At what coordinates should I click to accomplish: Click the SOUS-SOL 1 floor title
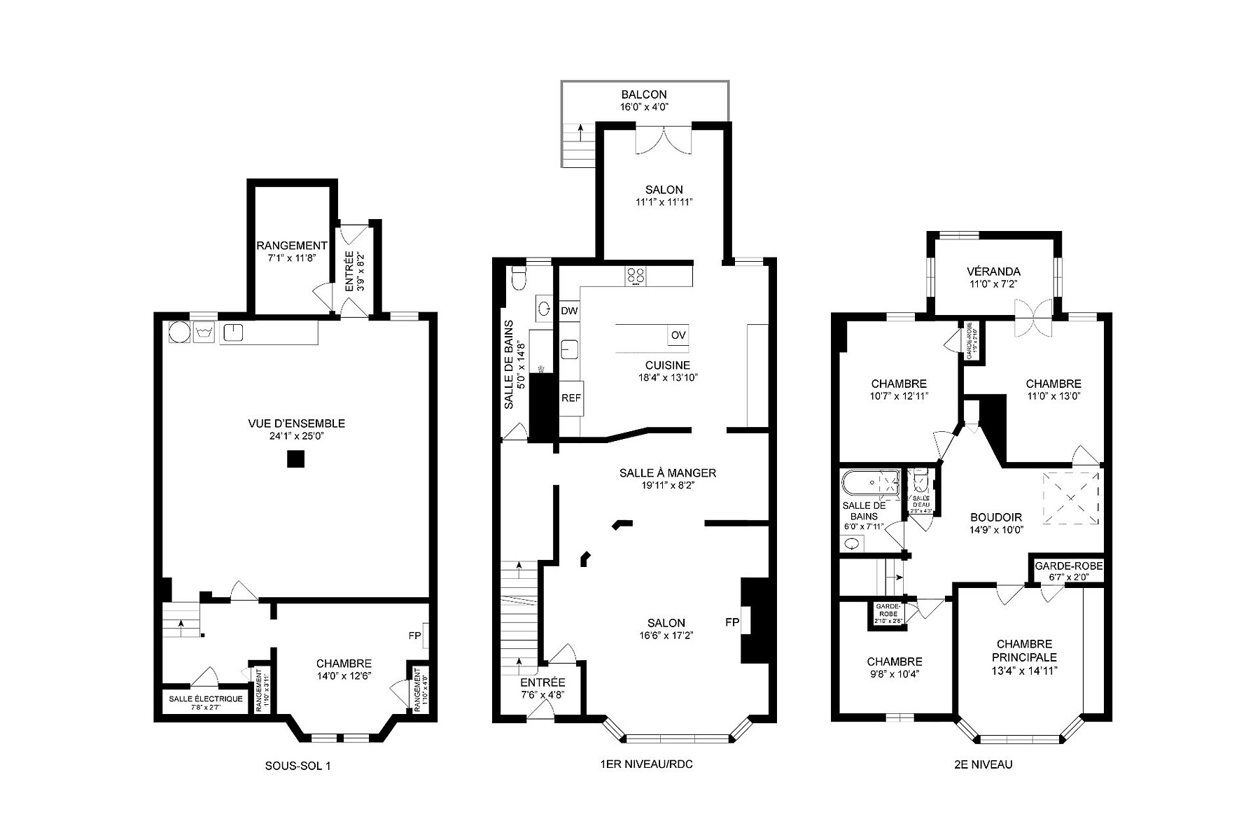(x=297, y=766)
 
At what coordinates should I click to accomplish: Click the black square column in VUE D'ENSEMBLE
(x=296, y=459)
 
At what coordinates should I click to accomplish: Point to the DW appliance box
(x=569, y=311)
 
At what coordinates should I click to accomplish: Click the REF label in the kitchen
(x=570, y=398)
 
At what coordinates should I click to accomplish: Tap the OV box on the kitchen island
(x=678, y=335)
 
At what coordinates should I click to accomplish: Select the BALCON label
(x=644, y=94)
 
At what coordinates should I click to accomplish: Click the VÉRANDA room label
(x=993, y=272)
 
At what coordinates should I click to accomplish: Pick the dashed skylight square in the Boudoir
(x=1071, y=498)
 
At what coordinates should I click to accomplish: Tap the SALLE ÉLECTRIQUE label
(x=206, y=699)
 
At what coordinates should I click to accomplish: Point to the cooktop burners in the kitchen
(x=636, y=275)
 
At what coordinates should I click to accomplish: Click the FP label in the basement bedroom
(x=414, y=636)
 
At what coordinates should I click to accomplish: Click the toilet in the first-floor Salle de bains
(x=519, y=279)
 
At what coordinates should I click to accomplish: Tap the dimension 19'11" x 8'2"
(x=667, y=485)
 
